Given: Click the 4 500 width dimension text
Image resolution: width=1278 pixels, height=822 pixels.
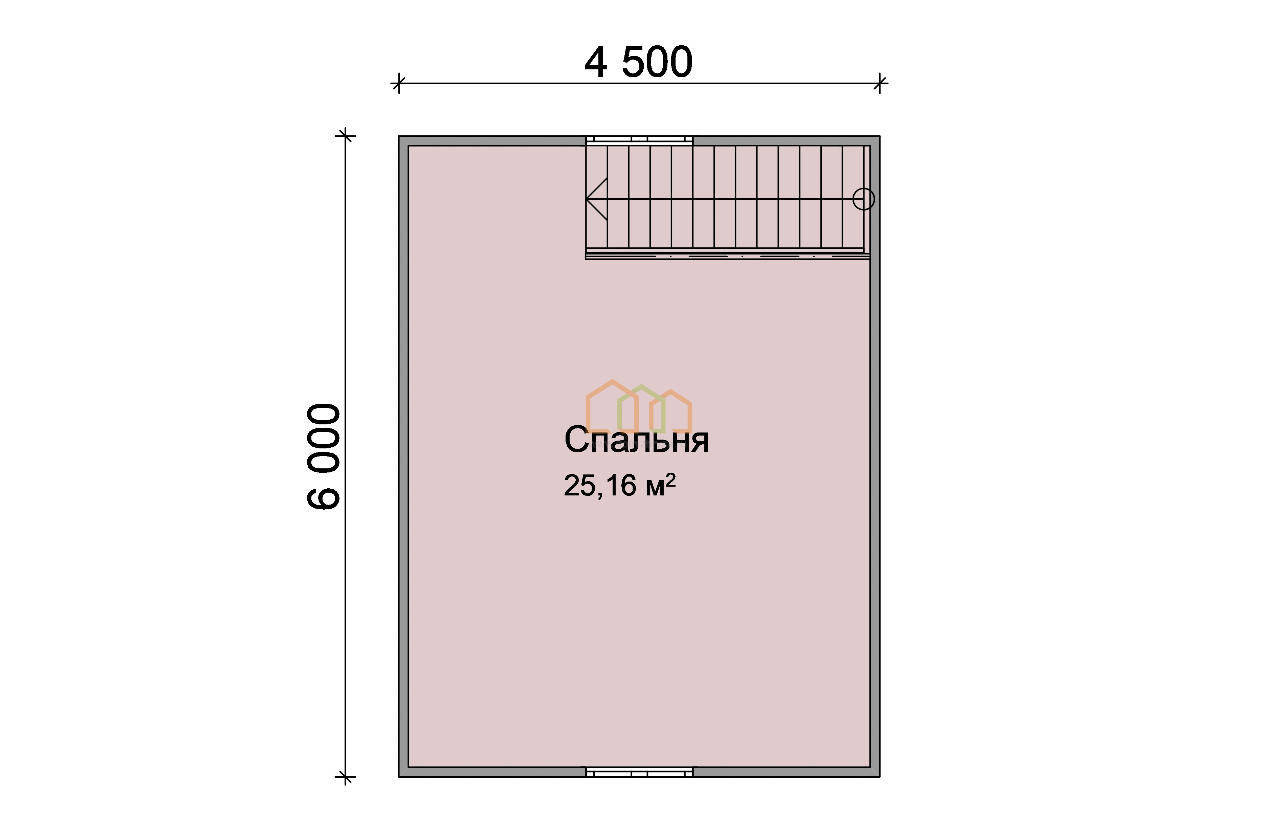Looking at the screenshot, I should (x=638, y=63).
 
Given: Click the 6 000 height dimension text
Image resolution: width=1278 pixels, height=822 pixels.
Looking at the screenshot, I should (x=324, y=457).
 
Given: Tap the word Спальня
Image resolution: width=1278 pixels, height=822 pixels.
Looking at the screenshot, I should (x=636, y=440).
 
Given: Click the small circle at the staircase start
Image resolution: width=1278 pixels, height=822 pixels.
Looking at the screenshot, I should (x=863, y=199).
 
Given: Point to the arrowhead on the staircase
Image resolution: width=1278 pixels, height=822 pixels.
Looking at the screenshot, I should (x=593, y=199).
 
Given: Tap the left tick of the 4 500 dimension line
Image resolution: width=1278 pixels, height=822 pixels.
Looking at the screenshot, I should (x=398, y=83).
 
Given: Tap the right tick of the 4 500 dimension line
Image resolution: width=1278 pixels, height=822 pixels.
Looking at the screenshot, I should (x=880, y=83).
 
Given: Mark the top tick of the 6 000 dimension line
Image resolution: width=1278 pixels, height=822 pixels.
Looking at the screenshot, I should (x=345, y=136).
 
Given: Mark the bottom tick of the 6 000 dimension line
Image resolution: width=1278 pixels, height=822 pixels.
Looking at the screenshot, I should (x=345, y=777).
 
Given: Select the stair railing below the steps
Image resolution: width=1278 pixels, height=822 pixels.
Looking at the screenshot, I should (x=727, y=256).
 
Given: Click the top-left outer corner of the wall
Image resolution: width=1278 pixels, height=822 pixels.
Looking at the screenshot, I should (x=399, y=137).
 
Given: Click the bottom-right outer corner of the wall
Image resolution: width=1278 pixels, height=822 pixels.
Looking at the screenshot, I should (x=879, y=776).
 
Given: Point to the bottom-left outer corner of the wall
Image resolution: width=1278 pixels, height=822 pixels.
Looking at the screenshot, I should (x=399, y=776).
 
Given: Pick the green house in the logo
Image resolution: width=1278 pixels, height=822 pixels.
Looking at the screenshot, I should (x=641, y=408).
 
